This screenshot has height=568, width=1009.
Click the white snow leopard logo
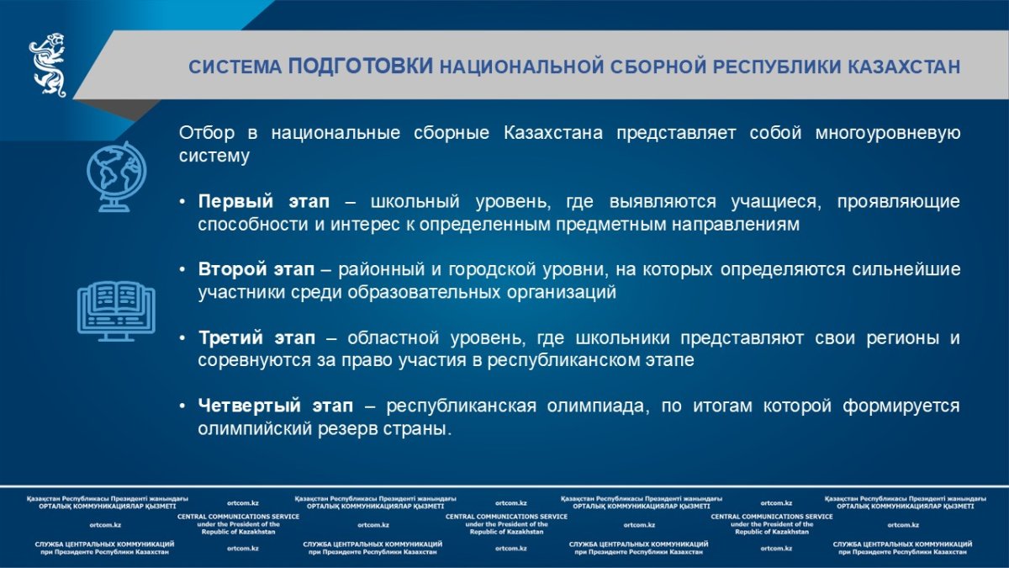tap(48, 65)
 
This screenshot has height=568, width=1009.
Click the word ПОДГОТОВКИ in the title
tap(361, 66)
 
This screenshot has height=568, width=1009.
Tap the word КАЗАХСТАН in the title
tap(904, 66)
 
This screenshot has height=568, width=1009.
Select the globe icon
tap(117, 176)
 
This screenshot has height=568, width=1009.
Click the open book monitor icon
tap(116, 311)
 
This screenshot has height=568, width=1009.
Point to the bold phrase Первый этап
tap(264, 201)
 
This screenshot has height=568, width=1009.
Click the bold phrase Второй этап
tap(256, 269)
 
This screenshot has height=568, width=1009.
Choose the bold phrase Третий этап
tap(256, 337)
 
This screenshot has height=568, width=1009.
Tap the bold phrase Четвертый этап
tap(276, 406)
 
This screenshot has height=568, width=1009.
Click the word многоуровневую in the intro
tap(887, 134)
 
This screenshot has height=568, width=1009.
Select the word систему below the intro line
tap(214, 156)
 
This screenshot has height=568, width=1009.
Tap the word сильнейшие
tap(906, 269)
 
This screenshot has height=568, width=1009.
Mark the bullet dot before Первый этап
tap(182, 201)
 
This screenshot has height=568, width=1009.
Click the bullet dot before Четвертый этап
tap(182, 406)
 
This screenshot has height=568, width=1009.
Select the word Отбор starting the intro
tap(207, 133)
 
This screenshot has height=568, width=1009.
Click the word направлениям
tap(736, 225)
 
